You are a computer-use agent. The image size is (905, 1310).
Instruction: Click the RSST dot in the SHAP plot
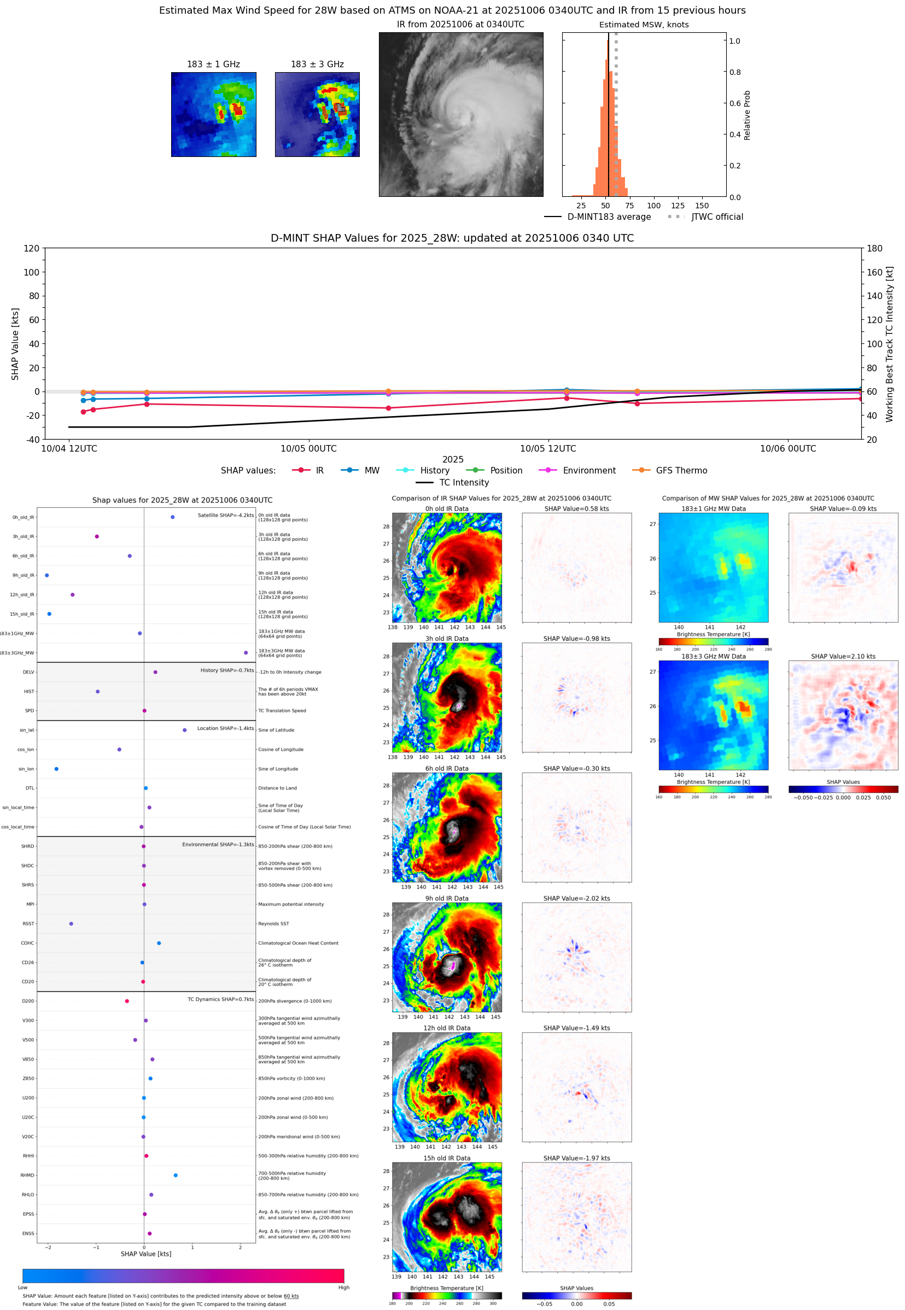pyautogui.click(x=71, y=923)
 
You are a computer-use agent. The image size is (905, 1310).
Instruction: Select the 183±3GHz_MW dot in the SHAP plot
pyautogui.click(x=246, y=652)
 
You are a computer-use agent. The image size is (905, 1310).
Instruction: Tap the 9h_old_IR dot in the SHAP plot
pyautogui.click(x=46, y=575)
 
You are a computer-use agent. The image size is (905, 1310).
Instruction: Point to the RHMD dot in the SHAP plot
pyautogui.click(x=175, y=1175)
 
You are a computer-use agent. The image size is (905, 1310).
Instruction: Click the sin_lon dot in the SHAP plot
pyautogui.click(x=56, y=769)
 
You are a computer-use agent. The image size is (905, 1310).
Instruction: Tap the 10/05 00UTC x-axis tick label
pyautogui.click(x=308, y=448)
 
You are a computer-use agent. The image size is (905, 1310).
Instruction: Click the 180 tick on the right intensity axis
pyautogui.click(x=874, y=248)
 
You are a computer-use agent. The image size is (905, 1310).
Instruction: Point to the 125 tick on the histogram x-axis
pyautogui.click(x=678, y=206)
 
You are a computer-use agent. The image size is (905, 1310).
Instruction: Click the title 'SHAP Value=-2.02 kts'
pyautogui.click(x=576, y=898)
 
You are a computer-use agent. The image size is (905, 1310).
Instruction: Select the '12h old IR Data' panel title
pyautogui.click(x=446, y=1028)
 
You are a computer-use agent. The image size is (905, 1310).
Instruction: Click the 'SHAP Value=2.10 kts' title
pyautogui.click(x=843, y=656)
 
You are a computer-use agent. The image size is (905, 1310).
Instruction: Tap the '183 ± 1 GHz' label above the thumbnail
pyautogui.click(x=213, y=64)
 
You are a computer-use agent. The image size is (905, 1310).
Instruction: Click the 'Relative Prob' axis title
pyautogui.click(x=747, y=115)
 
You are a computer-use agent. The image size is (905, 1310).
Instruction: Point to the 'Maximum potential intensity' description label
pyautogui.click(x=291, y=904)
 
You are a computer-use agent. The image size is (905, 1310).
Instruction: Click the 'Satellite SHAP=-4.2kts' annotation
pyautogui.click(x=225, y=514)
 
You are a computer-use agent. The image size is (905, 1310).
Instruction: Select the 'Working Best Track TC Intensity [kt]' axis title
pyautogui.click(x=889, y=344)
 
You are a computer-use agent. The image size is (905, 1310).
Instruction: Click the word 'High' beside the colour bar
pyautogui.click(x=343, y=1288)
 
